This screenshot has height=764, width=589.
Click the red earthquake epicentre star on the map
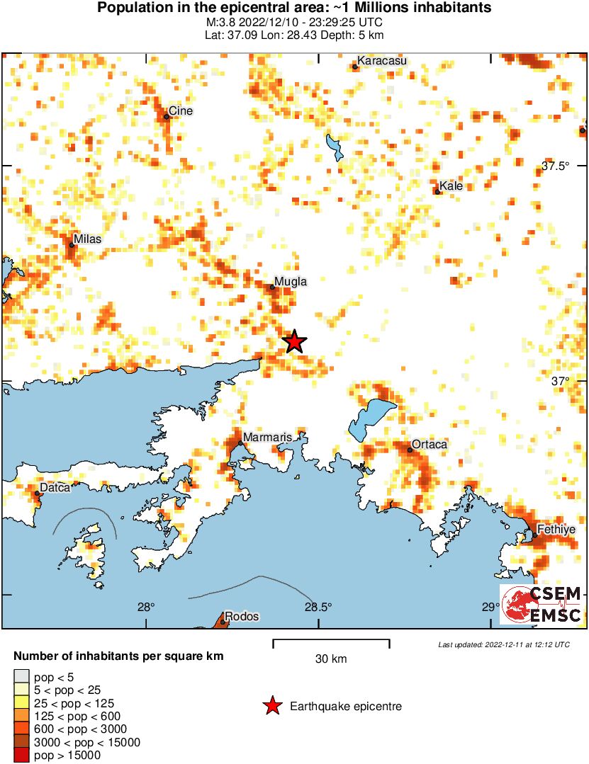pyautogui.click(x=294, y=342)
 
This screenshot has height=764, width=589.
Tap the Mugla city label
pyautogui.click(x=291, y=281)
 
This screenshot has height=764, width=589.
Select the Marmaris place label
pyautogui.click(x=267, y=438)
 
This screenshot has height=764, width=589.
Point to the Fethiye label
pyautogui.click(x=556, y=529)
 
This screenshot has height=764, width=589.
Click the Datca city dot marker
pyautogui.click(x=37, y=494)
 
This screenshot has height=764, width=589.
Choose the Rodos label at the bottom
pyautogui.click(x=242, y=616)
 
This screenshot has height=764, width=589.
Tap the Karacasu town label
pyautogui.click(x=381, y=61)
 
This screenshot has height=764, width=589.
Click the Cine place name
pyautogui.click(x=181, y=111)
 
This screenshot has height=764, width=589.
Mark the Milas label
pyautogui.click(x=88, y=239)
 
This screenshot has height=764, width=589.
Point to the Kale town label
pyautogui.click(x=451, y=186)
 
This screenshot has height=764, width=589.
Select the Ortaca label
pyautogui.click(x=430, y=444)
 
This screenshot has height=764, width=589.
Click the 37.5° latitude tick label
pyautogui.click(x=556, y=166)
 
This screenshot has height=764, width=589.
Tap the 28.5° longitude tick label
pyautogui.click(x=318, y=607)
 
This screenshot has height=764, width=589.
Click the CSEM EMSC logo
pyautogui.click(x=542, y=604)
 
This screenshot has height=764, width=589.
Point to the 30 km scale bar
pyautogui.click(x=331, y=643)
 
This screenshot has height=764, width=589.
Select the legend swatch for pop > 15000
pyautogui.click(x=22, y=756)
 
